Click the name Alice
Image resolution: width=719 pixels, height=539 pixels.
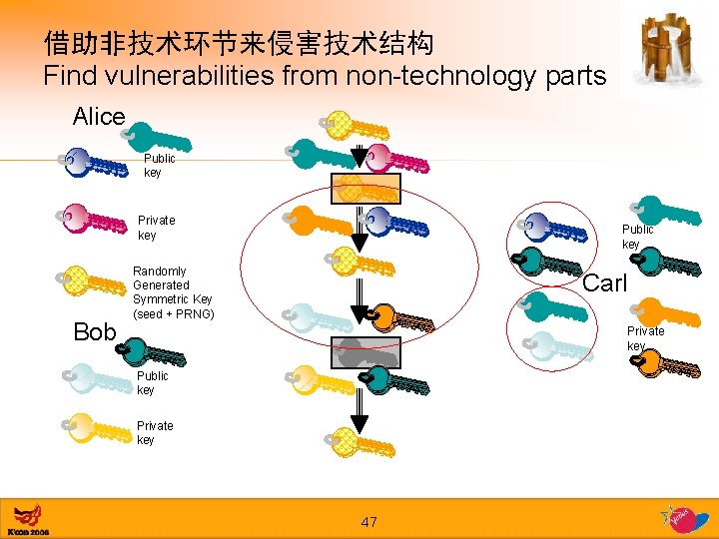point(99,117)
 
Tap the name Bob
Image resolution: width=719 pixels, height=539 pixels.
point(95,332)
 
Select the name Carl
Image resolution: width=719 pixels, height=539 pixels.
point(604,283)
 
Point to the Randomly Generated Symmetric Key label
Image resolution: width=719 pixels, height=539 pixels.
point(172,292)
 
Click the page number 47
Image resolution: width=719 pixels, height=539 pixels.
point(368,522)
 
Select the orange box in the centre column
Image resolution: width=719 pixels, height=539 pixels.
point(366,188)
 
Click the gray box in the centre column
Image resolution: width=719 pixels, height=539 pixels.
point(366,352)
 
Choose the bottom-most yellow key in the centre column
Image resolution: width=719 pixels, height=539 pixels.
point(360,442)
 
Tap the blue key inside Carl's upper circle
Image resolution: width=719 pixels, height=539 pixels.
point(554,229)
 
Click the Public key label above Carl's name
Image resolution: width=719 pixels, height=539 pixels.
point(637,237)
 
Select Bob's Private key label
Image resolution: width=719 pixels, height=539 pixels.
point(155,433)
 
